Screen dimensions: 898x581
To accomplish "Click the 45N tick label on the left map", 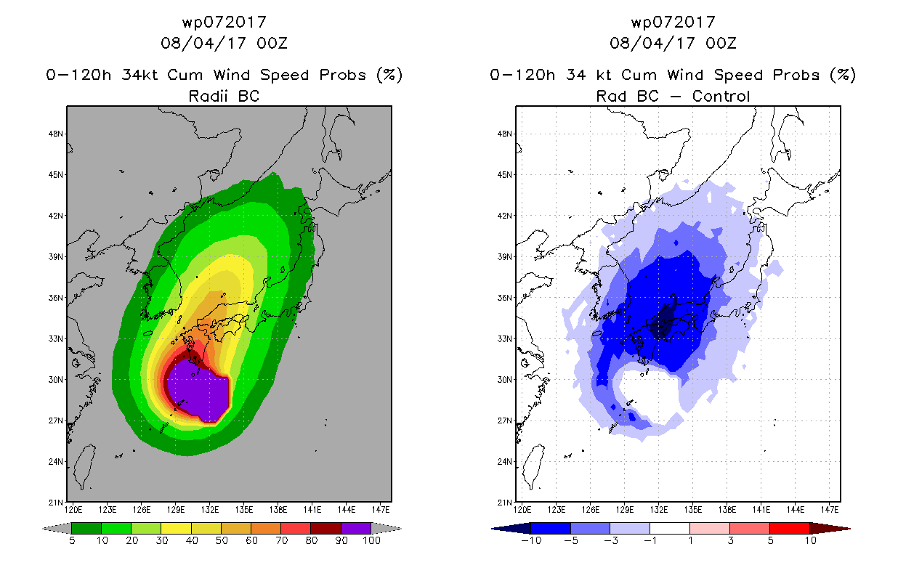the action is [x=55, y=175].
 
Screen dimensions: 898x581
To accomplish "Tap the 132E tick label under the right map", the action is [x=659, y=510].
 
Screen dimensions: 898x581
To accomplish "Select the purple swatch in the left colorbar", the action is [x=356, y=528].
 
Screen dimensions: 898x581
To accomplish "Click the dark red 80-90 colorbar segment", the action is [x=326, y=528].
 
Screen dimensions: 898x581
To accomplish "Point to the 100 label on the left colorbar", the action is [x=372, y=540].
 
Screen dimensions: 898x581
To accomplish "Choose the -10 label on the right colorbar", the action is [x=532, y=540].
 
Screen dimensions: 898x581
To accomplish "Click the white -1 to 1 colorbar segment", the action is [x=670, y=528].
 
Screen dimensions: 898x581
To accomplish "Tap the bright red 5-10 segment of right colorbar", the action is [x=790, y=528].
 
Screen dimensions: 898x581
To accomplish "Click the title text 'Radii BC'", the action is [x=224, y=96].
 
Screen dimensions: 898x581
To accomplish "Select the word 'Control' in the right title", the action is [x=721, y=96].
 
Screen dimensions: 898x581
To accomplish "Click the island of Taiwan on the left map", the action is [x=86, y=467].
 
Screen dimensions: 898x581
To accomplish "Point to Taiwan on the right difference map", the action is [x=535, y=467].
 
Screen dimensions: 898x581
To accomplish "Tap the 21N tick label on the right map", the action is [x=504, y=503].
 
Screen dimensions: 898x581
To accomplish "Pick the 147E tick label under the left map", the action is [x=381, y=510].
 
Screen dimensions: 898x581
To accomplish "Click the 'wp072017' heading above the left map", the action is [x=224, y=22].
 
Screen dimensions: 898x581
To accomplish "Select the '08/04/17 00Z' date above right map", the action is [x=673, y=43].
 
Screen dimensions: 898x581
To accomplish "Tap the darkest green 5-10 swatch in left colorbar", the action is [x=86, y=528].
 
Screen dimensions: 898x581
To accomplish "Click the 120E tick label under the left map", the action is [x=73, y=510].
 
